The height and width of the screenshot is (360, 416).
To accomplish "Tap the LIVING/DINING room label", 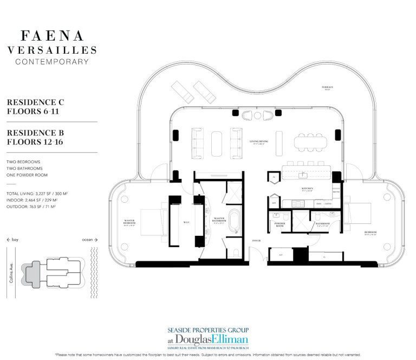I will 259,142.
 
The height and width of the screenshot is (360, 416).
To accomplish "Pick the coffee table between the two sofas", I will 215,143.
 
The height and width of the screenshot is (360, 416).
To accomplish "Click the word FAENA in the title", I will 52,36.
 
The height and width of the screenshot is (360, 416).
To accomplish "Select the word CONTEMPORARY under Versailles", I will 52,61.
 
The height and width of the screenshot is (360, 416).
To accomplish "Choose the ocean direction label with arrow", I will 88,239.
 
